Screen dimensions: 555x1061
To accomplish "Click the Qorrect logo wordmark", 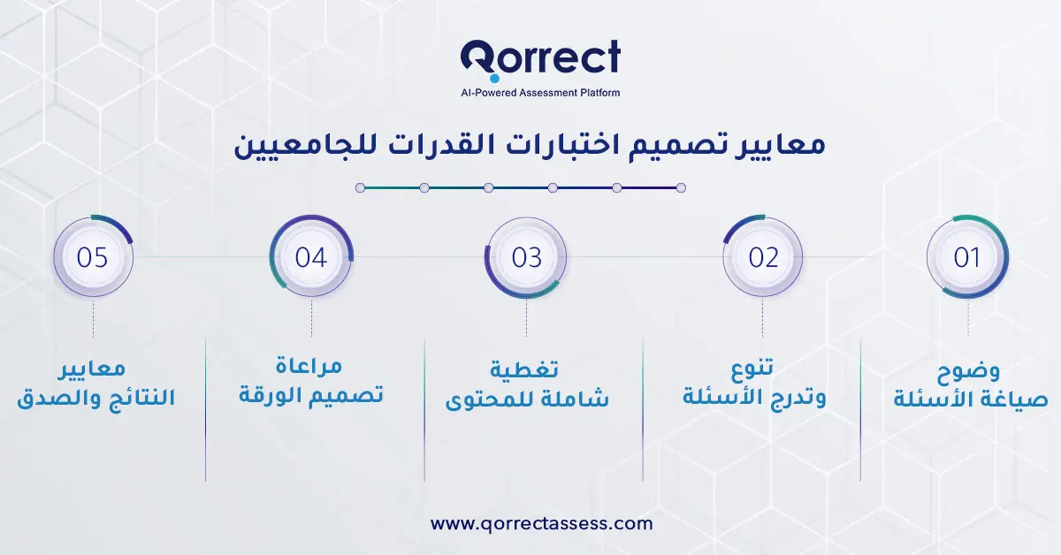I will coord(540,59).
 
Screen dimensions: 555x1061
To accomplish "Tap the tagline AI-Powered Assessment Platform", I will coord(540,92).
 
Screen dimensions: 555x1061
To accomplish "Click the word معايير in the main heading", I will coord(775,144).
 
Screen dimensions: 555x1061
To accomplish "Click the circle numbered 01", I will coord(967,257).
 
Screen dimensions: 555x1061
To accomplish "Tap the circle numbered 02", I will coord(763,257).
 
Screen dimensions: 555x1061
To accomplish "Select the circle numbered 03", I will coord(527,257).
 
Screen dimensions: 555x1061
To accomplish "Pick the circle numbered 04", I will coord(311,257).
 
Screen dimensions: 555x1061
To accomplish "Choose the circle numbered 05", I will coord(93,257).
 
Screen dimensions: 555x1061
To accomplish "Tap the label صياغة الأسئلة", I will coord(969,399).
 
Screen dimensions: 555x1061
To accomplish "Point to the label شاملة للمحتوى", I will coord(525,399).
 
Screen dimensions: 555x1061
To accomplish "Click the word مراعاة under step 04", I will coord(309,366).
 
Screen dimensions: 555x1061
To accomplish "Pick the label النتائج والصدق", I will coord(95,399).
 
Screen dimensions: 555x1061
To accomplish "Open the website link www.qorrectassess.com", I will coord(541,523).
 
